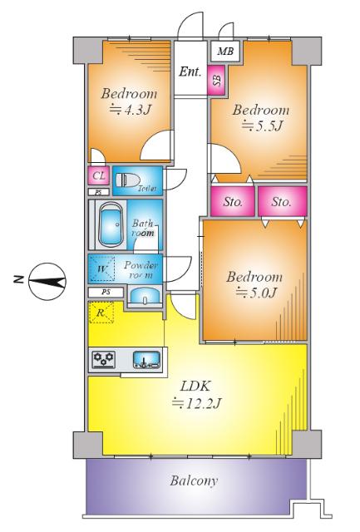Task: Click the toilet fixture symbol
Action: (x=127, y=180)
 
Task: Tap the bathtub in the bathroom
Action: (x=110, y=224)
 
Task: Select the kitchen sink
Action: (x=146, y=360)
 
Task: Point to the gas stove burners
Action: (x=103, y=359)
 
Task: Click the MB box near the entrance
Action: (x=225, y=52)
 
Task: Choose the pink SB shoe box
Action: (x=216, y=80)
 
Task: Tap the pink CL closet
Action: (x=99, y=175)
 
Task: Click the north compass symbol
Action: (x=47, y=282)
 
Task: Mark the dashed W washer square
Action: (x=101, y=268)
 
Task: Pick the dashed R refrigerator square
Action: (x=101, y=313)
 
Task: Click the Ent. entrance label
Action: (x=190, y=71)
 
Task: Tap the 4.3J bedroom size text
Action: (x=130, y=110)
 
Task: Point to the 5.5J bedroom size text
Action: (x=262, y=126)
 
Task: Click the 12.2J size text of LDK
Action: (x=197, y=402)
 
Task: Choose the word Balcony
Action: (x=194, y=480)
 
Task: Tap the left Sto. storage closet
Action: (x=233, y=201)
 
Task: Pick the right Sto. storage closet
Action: (x=283, y=201)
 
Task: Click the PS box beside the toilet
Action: (x=99, y=192)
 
